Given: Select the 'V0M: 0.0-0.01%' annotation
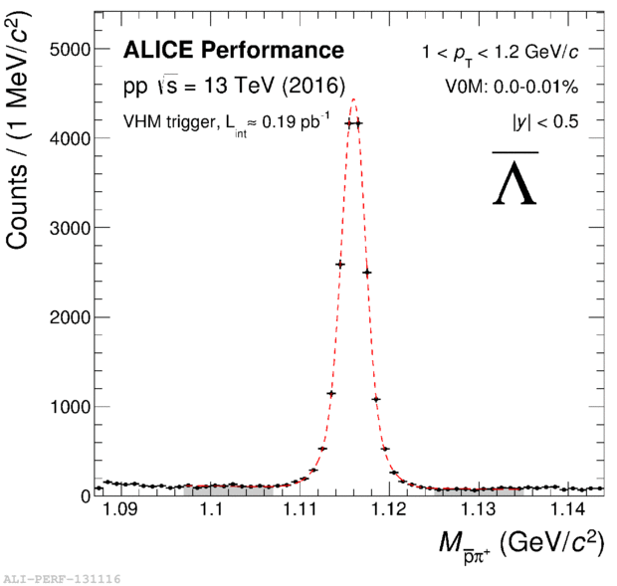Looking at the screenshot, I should click(512, 86).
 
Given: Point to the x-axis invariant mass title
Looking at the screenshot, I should click(516, 545).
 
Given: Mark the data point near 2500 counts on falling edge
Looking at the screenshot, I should click(366, 273).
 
